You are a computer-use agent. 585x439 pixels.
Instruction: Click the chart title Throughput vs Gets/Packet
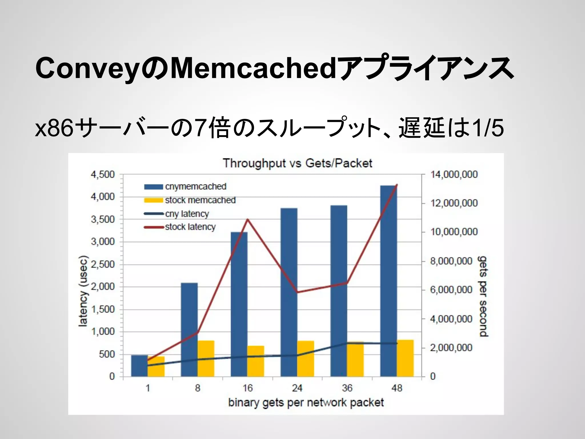297,163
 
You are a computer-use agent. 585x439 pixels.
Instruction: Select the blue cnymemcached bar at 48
388,280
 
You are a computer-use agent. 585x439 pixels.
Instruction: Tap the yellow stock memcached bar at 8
206,358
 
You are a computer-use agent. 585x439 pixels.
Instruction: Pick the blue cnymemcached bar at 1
139,366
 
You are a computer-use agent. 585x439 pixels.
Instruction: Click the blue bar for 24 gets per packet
289,292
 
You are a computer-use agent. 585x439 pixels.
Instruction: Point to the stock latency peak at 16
248,219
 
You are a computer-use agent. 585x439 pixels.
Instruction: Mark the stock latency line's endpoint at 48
397,185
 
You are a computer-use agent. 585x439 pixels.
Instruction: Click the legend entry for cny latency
187,214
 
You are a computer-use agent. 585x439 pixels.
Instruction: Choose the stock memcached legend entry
200,200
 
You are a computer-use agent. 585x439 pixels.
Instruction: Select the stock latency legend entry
190,227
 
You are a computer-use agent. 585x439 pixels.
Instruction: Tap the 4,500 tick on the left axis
103,174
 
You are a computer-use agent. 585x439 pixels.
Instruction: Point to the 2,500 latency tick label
103,264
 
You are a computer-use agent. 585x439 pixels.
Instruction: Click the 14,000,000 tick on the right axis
454,174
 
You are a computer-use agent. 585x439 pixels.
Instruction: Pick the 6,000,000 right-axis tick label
451,290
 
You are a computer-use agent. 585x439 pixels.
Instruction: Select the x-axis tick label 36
347,388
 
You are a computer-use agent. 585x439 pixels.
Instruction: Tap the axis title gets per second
483,296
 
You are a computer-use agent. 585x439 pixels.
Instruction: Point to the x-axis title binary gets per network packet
306,402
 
